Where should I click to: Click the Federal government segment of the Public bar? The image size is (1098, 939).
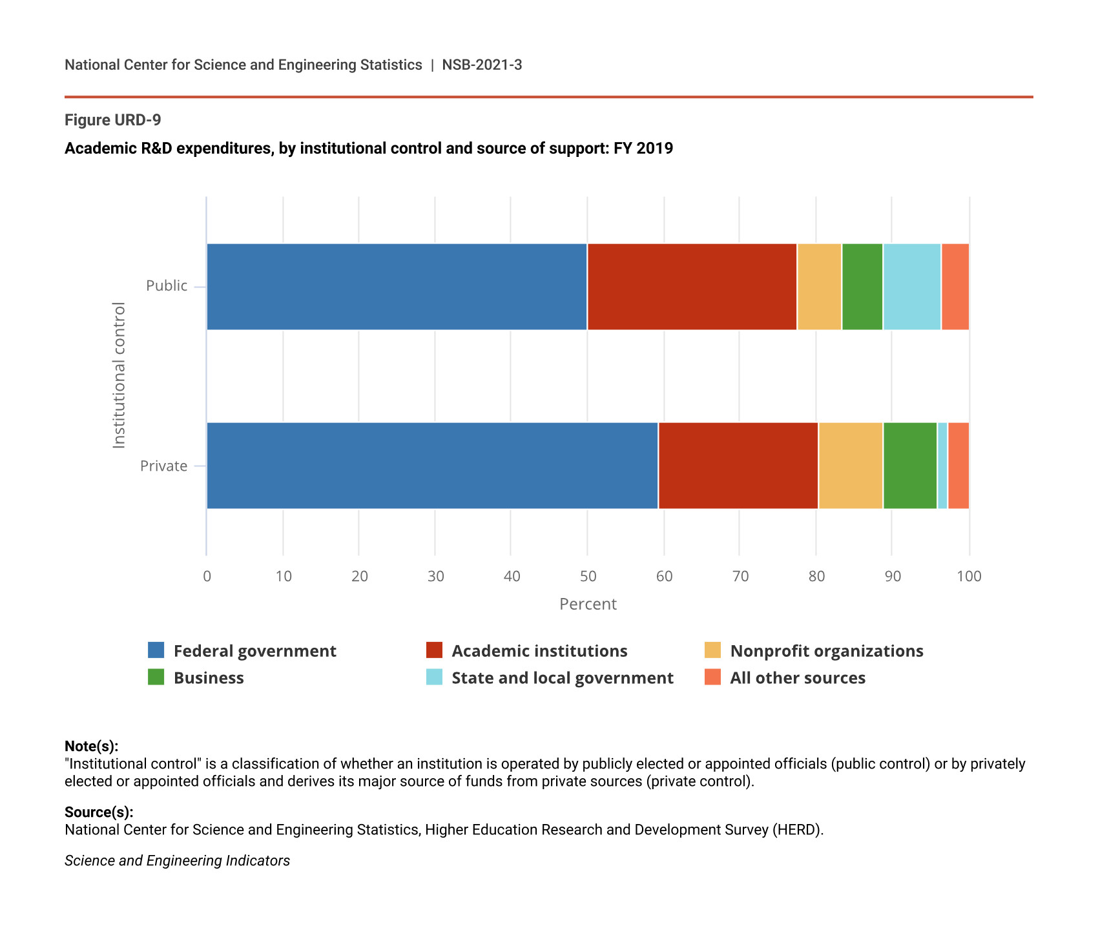[x=397, y=287]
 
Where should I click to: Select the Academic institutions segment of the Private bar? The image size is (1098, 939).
[x=738, y=466]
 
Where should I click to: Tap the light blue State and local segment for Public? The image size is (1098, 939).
[x=912, y=287]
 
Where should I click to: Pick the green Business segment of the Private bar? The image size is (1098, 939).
[x=909, y=466]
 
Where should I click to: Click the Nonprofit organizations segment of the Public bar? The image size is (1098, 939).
[x=819, y=287]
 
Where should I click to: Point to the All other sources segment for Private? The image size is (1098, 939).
[x=958, y=466]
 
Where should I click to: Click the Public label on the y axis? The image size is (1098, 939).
[x=167, y=286]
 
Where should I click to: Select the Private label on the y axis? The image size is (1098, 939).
[x=164, y=466]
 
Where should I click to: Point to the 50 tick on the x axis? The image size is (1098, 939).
[x=587, y=576]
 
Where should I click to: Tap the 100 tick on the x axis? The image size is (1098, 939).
[x=968, y=576]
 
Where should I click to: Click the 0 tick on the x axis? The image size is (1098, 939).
[x=207, y=576]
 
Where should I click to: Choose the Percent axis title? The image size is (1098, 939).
[x=588, y=604]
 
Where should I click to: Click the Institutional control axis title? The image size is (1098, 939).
[x=119, y=375]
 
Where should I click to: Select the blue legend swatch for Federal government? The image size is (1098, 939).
[x=156, y=650]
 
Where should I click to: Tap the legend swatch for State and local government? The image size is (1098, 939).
[x=434, y=677]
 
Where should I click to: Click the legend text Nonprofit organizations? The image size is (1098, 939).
[x=826, y=651]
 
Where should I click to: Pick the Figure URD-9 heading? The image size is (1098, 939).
[x=113, y=120]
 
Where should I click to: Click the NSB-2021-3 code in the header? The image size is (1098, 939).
[x=482, y=65]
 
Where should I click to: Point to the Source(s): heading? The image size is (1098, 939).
[x=99, y=812]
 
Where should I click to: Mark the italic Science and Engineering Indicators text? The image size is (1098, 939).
[x=177, y=861]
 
